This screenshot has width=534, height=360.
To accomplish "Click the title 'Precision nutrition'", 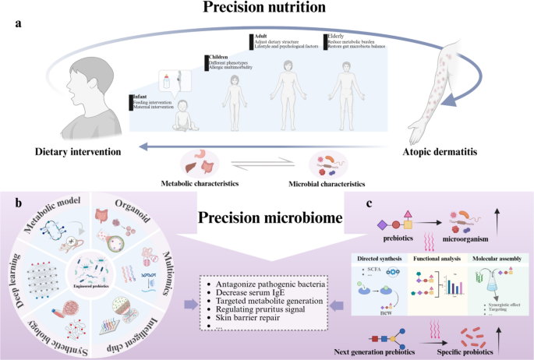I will pos(266,9).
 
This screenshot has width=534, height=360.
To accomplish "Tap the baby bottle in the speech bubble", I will pos(165,81).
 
